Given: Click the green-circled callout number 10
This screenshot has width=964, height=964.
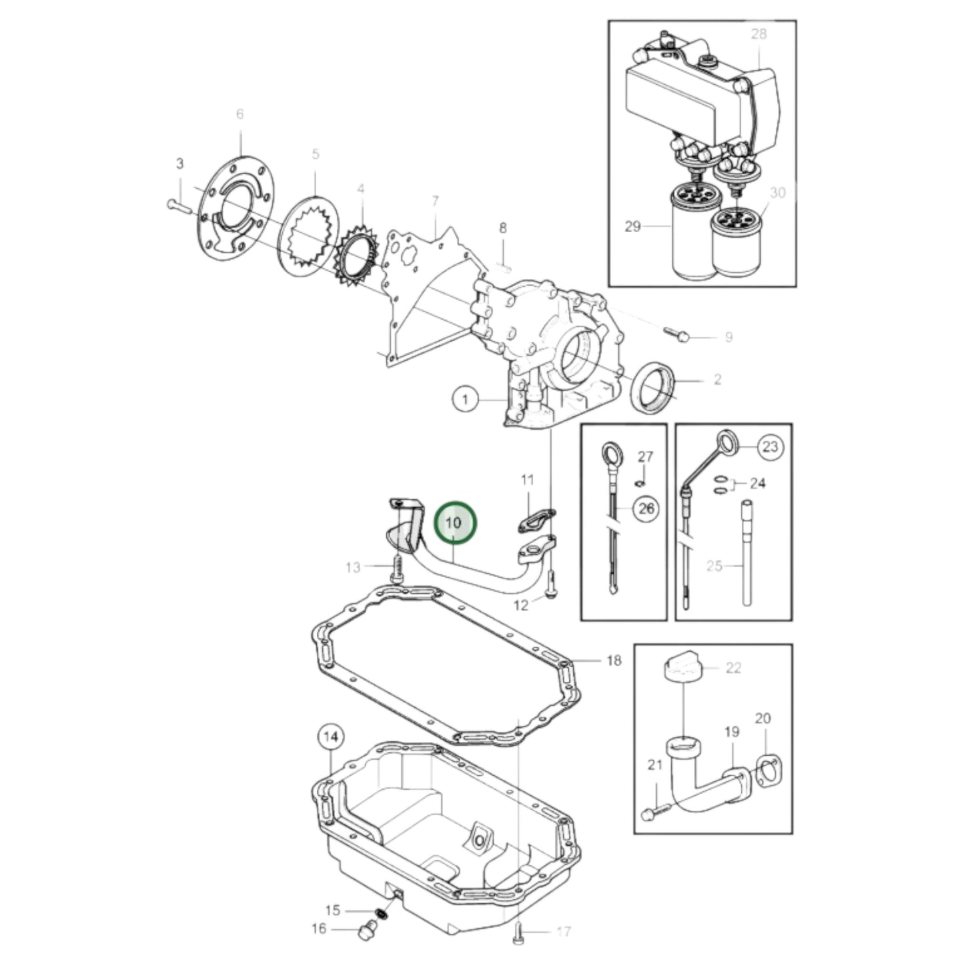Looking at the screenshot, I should (x=455, y=522).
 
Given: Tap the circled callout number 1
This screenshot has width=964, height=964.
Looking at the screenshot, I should (x=466, y=400).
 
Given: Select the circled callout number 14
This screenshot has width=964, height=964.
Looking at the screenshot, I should (x=332, y=738).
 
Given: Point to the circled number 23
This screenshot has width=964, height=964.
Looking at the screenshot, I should (x=770, y=447).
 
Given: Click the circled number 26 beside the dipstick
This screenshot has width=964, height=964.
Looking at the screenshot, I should (x=645, y=509).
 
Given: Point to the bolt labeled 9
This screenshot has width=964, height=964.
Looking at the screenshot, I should (x=676, y=335).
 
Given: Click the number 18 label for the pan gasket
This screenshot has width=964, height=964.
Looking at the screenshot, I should (x=614, y=660).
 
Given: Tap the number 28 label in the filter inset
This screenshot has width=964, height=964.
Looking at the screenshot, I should (x=759, y=33).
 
